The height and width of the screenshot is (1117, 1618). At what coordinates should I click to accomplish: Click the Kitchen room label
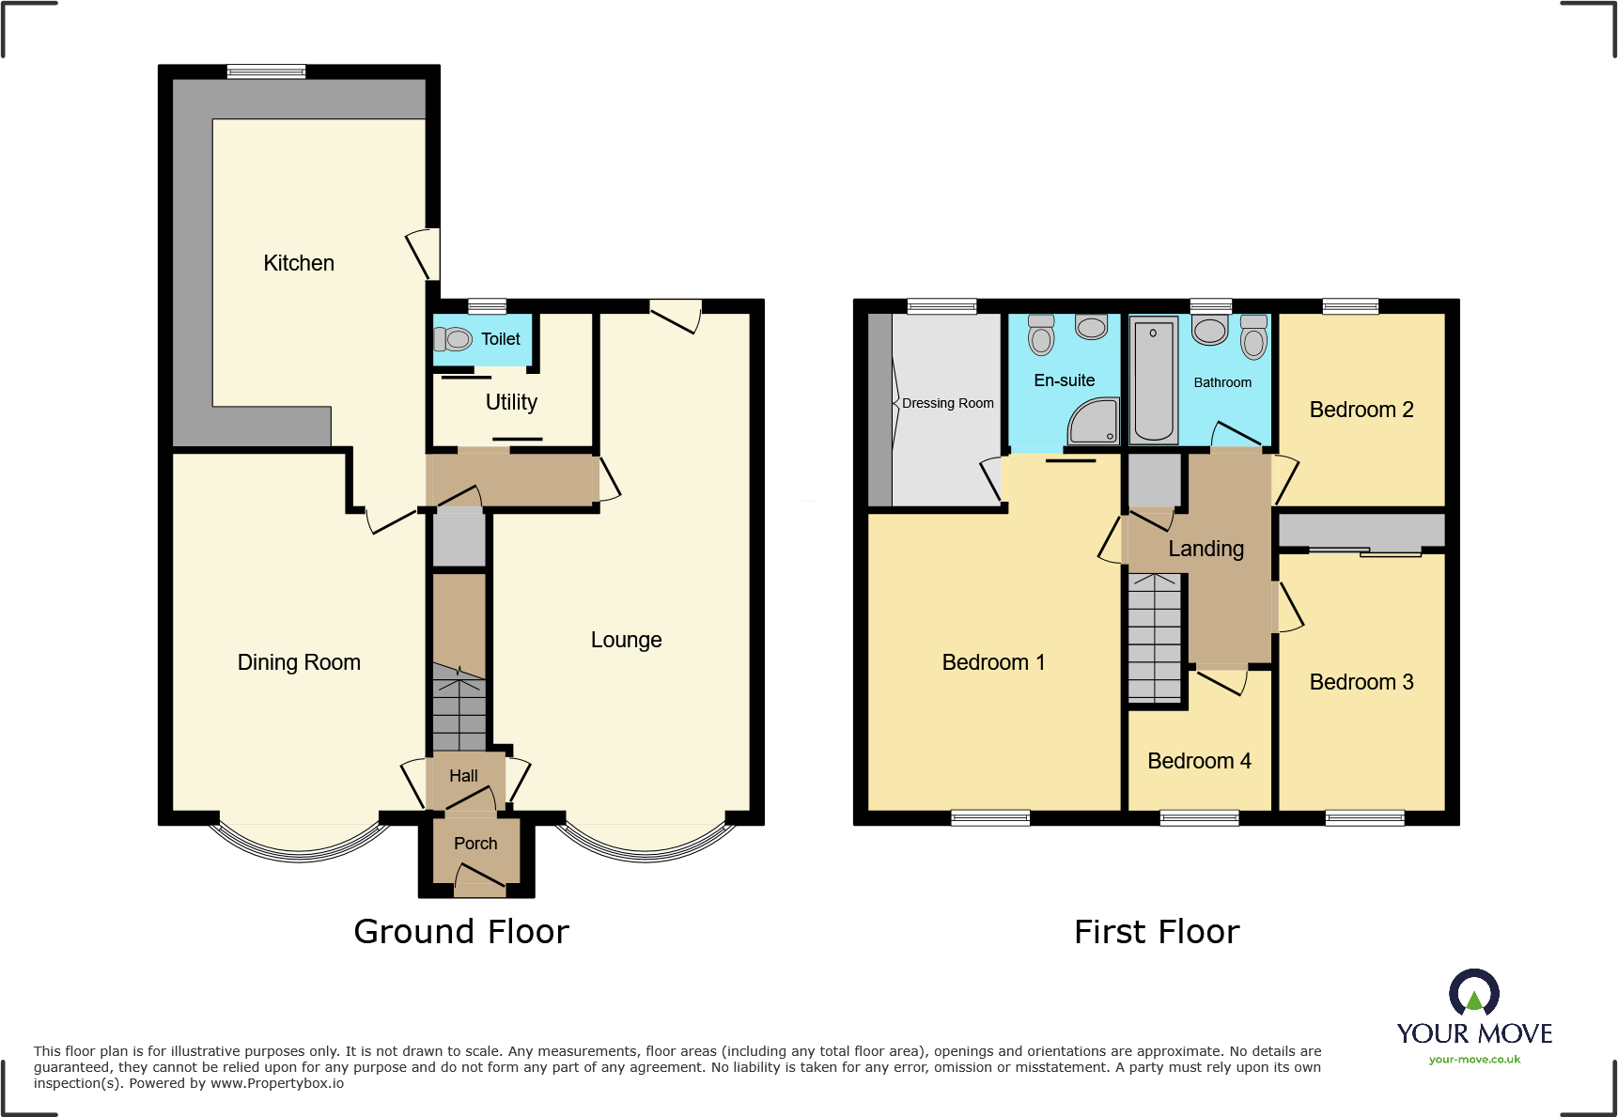point(299,263)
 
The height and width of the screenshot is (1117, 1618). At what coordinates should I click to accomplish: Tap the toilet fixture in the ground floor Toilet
point(455,339)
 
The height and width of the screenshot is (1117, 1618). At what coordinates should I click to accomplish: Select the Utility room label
point(511,402)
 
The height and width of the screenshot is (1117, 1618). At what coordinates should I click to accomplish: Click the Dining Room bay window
point(299,846)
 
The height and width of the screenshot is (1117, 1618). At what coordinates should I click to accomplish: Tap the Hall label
point(463,776)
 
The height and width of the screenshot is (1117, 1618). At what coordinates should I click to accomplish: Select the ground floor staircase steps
point(459,710)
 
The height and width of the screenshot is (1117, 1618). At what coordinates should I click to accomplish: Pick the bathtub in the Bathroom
point(1153,380)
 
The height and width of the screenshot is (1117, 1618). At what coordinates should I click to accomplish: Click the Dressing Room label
point(947,403)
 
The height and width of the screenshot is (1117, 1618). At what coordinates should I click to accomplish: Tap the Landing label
point(1206,549)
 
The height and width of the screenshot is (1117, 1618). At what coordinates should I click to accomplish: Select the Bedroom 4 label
point(1199,761)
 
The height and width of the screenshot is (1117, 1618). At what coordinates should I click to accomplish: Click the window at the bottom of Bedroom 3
point(1364,818)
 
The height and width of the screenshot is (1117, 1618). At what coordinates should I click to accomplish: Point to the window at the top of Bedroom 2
point(1350,306)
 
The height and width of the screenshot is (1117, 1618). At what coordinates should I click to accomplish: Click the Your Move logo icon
point(1473,993)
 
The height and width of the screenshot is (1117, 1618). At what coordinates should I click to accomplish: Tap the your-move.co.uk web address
point(1474,1060)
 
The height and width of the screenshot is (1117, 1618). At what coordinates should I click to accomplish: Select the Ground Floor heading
point(460,932)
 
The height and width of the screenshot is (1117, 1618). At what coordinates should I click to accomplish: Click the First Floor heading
point(1157,932)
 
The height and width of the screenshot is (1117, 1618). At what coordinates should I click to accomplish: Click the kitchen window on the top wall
point(266,71)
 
